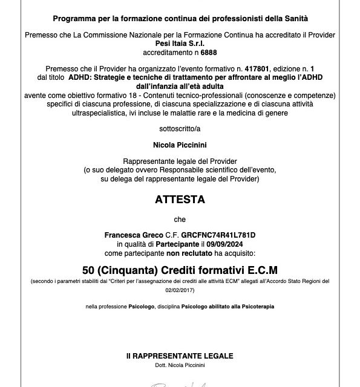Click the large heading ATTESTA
(180, 199)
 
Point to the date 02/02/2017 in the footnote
(180, 289)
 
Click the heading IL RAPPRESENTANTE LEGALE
(180, 356)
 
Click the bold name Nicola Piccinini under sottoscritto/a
(180, 146)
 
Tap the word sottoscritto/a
(180, 129)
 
